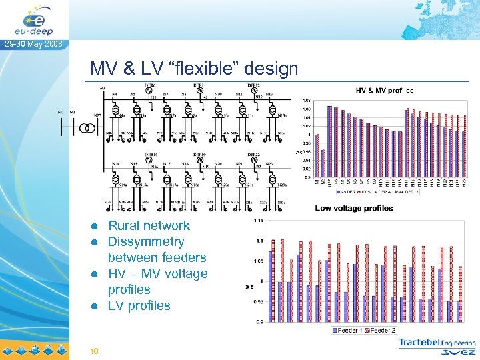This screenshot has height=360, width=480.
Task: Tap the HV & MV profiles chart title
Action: pos(384,90)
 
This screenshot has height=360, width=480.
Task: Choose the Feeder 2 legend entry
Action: pos(383,330)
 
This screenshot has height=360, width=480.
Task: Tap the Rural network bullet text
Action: pos(149,225)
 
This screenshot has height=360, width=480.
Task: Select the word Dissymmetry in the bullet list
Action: pos(146,241)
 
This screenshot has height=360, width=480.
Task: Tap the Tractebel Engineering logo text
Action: pos(437,343)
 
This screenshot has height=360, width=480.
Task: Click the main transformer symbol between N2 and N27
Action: pos(85,128)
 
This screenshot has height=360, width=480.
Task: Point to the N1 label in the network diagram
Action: pos(61,112)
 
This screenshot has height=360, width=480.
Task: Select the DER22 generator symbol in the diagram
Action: pos(253,160)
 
